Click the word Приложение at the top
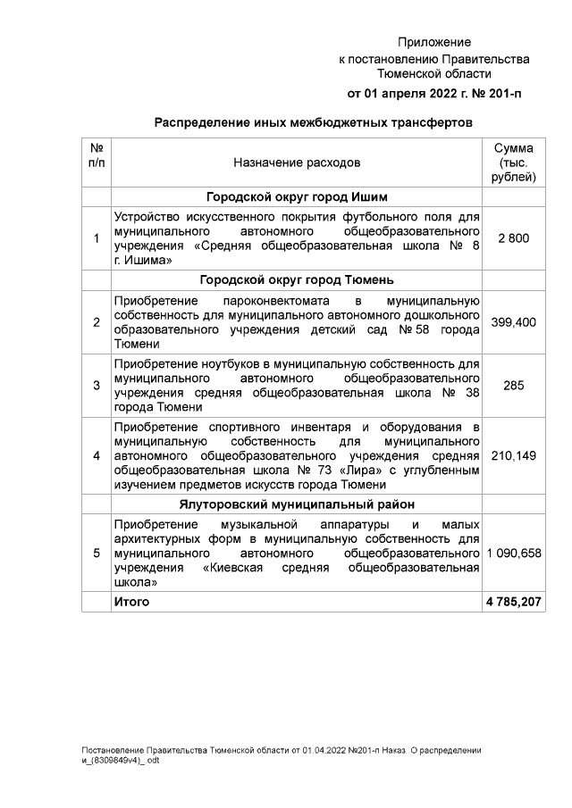coord(434,42)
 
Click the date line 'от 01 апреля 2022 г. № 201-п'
coord(434,94)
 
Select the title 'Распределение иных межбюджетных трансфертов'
coord(313,122)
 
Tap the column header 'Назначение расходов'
coord(297,163)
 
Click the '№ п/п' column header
coord(97,155)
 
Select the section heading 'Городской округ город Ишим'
coord(296,197)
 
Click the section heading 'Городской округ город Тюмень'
coord(296,279)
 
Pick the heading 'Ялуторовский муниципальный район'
coord(296,505)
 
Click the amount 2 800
coord(513,238)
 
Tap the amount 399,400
coord(513,321)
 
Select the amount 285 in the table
coord(513,387)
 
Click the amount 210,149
coord(513,456)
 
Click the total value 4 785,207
coord(513,603)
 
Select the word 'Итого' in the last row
coord(132,603)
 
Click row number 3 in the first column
coord(97,387)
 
